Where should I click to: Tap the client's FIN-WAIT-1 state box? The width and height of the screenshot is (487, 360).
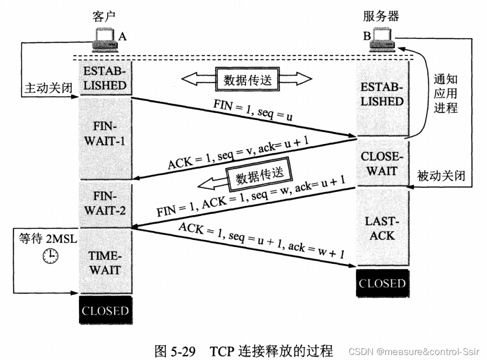[x=104, y=133]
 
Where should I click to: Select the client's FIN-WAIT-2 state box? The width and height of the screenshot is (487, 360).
[x=104, y=203]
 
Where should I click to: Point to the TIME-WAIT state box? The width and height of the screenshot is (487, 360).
[x=104, y=262]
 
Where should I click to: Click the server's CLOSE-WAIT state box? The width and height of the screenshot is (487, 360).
[x=382, y=163]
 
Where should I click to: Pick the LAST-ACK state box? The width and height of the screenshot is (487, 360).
[x=382, y=228]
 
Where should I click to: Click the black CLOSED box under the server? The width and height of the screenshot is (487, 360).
[x=382, y=283]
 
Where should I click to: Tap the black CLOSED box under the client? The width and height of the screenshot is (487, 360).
[x=104, y=310]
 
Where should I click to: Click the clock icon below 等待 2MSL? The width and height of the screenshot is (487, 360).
[x=50, y=256]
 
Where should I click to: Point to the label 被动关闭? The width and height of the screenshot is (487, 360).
[x=441, y=175]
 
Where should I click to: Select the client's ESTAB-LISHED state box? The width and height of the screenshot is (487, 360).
[x=104, y=77]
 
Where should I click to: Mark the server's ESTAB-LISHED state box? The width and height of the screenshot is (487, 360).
[x=382, y=94]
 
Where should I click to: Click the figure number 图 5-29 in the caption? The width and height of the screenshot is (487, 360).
[x=173, y=350]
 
